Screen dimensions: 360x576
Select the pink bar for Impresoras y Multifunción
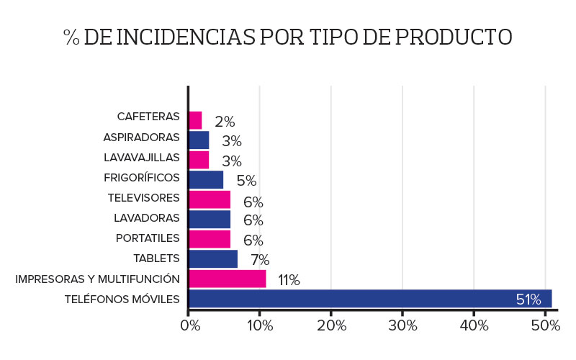[x=227, y=279]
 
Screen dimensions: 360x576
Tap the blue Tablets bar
[x=212, y=259]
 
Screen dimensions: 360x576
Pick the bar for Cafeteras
[x=195, y=120]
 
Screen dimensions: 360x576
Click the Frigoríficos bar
[x=206, y=179]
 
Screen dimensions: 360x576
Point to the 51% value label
[x=528, y=300]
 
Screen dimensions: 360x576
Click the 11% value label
[x=289, y=280]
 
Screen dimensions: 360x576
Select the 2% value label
[x=225, y=122]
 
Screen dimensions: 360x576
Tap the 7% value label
[x=260, y=260]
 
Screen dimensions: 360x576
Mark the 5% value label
[x=246, y=181]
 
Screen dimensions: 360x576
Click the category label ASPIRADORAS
[x=141, y=136]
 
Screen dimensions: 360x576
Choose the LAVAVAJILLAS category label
[x=141, y=156]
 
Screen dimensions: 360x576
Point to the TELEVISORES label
[x=143, y=197]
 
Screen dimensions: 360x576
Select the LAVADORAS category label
[x=146, y=217]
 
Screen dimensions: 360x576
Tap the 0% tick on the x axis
[x=189, y=325]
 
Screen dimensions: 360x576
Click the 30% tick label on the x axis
[x=402, y=325]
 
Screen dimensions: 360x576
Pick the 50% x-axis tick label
[x=545, y=325]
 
